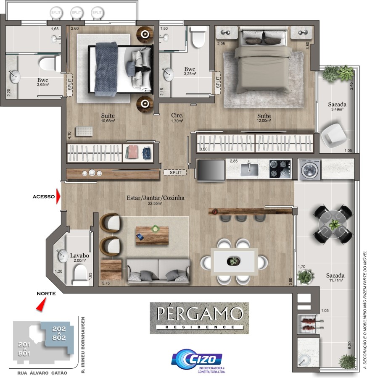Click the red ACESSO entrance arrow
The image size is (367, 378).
click(x=58, y=196)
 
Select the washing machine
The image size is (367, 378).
click(x=310, y=170)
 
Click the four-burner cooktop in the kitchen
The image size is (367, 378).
click(x=280, y=169)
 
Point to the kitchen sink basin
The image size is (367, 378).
click(x=249, y=169)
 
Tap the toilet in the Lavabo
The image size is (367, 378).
click(x=79, y=275)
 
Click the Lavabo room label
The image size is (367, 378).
click(x=79, y=255)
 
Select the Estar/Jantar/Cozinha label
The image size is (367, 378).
click(x=156, y=198)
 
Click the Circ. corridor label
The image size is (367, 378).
click(x=177, y=115)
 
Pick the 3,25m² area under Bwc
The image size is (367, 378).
click(x=190, y=74)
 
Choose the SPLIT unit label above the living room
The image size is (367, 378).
click(x=175, y=172)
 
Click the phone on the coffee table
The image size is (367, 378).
click(x=140, y=237)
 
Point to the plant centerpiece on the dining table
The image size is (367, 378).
click(x=233, y=261)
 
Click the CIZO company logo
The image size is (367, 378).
click(x=197, y=359)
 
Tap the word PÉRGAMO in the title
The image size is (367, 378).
click(x=199, y=313)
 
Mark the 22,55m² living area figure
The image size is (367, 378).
click(x=155, y=203)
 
